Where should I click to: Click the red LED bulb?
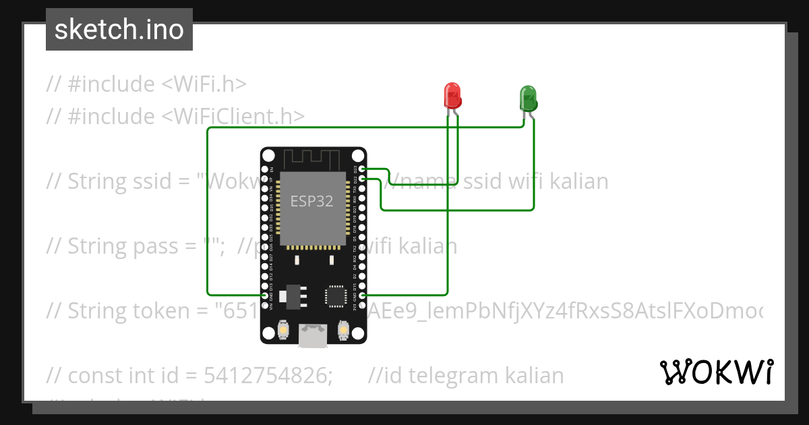pos(453,95)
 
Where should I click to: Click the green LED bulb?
pos(527,98)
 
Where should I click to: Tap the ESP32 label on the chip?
pos(311,201)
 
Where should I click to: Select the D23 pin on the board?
pos(363,169)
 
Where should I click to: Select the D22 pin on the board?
pos(363,178)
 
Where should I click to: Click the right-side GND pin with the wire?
pos(363,295)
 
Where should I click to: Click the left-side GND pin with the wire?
pos(264,295)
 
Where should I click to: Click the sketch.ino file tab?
pos(119,30)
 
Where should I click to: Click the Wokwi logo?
pos(716,372)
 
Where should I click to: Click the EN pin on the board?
pos(264,169)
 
